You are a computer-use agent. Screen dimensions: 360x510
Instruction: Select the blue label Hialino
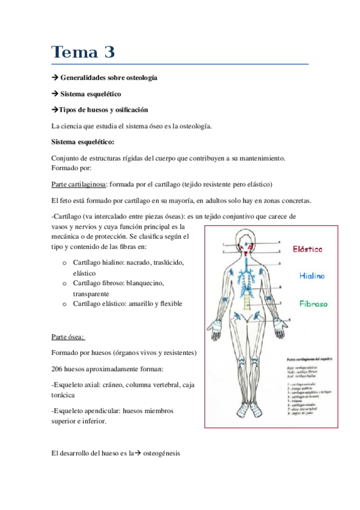313,276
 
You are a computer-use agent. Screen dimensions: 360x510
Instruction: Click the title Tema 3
82,53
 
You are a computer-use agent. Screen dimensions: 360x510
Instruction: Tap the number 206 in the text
58,368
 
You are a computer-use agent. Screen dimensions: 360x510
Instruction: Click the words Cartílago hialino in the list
98,263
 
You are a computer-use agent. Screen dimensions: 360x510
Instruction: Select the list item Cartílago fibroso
98,283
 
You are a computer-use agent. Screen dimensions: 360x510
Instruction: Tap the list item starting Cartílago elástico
99,304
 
